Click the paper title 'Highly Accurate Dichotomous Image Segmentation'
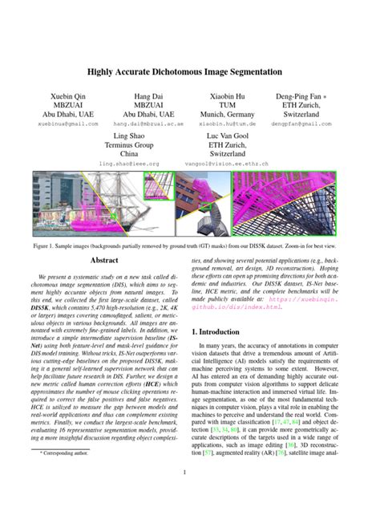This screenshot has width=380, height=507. point(190,70)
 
